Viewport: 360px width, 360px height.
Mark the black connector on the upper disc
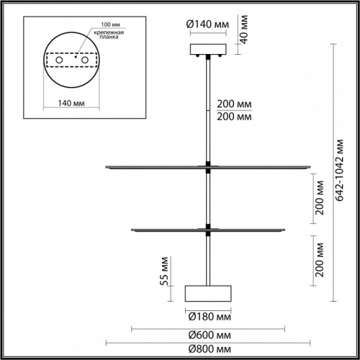point(208,166)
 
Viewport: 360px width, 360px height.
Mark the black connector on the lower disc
point(208,230)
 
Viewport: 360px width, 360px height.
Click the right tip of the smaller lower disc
point(285,230)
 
